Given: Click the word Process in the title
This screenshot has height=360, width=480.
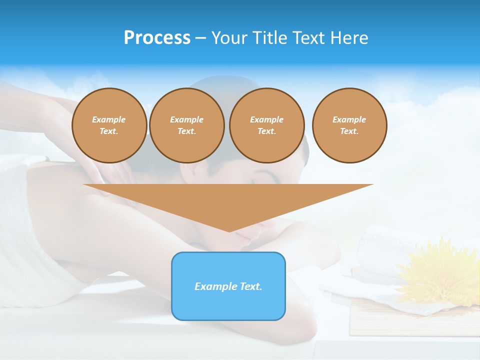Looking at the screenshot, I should pyautogui.click(x=157, y=38).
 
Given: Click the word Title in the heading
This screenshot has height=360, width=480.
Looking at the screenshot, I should pyautogui.click(x=270, y=38).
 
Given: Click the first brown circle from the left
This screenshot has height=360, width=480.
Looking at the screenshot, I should pyautogui.click(x=109, y=125).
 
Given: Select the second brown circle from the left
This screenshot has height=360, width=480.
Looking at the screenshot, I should pyautogui.click(x=186, y=125).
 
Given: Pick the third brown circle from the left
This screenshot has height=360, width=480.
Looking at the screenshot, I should pyautogui.click(x=266, y=125).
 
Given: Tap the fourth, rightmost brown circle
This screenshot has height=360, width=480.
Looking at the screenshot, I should pyautogui.click(x=349, y=125).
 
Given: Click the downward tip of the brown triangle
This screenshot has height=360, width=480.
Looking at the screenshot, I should pyautogui.click(x=229, y=229).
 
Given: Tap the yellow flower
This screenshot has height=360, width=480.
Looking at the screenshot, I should pyautogui.click(x=440, y=272).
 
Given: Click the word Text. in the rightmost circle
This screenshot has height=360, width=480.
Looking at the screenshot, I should pyautogui.click(x=349, y=131).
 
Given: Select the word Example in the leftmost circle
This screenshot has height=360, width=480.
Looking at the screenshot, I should pyautogui.click(x=109, y=119).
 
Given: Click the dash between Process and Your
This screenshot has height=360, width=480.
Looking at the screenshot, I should pyautogui.click(x=200, y=38).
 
